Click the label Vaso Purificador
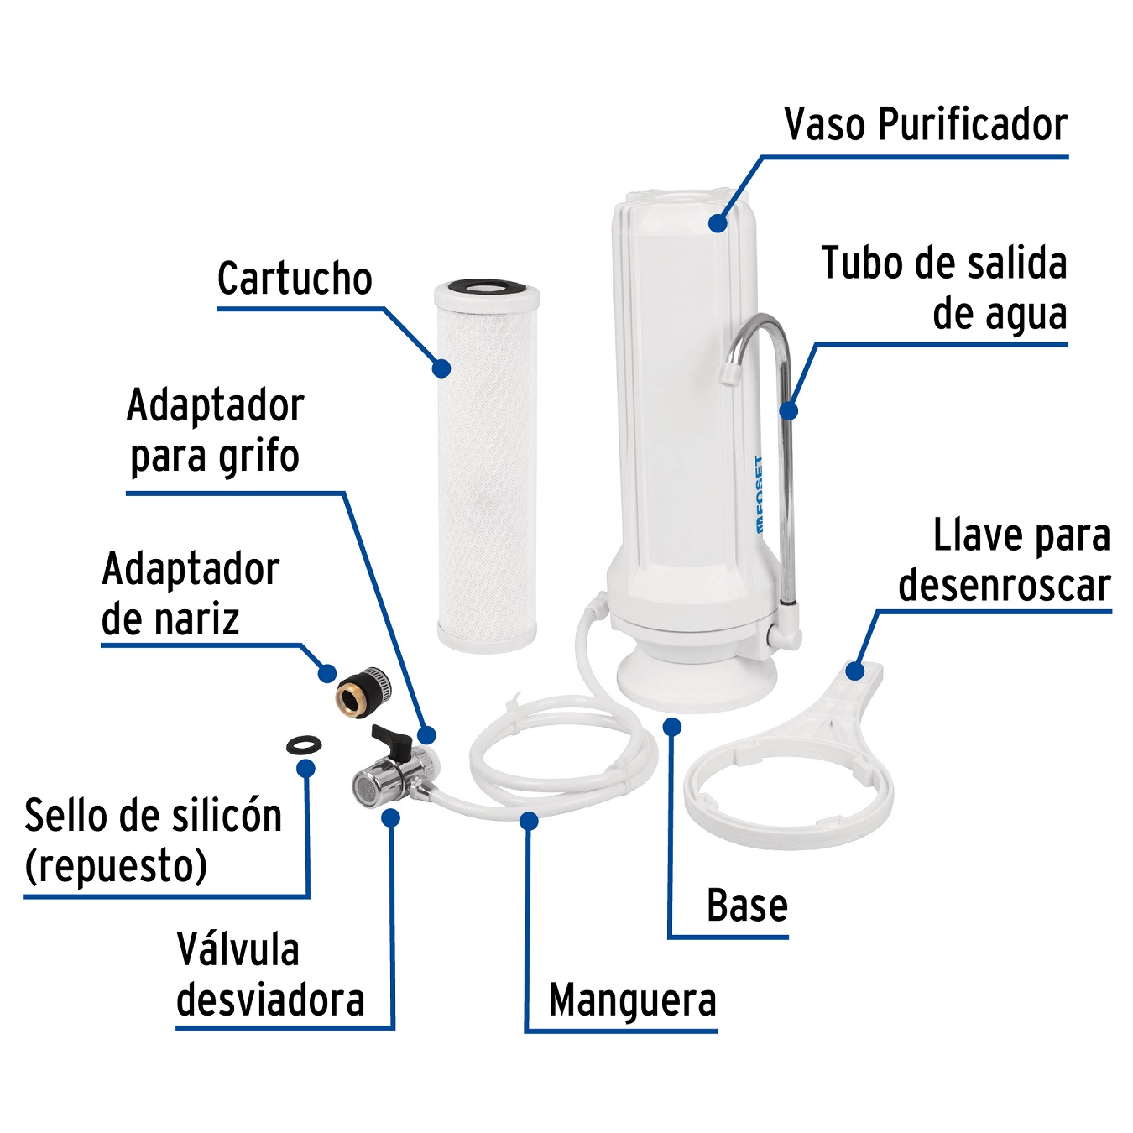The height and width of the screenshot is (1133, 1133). (925, 126)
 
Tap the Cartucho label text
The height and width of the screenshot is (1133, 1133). (294, 279)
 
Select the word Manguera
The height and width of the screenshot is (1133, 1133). (632, 1000)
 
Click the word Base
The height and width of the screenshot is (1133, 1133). (747, 906)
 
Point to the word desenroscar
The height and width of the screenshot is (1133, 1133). (1004, 586)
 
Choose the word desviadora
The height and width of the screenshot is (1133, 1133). (270, 1000)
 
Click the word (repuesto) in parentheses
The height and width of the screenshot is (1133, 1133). (116, 866)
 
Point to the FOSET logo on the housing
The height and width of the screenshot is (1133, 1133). (759, 495)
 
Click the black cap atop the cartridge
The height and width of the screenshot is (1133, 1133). (487, 288)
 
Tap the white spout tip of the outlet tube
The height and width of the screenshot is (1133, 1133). (729, 375)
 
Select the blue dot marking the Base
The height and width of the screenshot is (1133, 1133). (671, 727)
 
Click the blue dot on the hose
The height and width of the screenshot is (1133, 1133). (529, 820)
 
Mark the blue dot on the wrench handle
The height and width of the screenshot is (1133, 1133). (854, 671)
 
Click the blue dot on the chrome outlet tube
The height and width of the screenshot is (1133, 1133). (788, 410)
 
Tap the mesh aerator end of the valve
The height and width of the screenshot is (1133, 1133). (364, 786)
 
